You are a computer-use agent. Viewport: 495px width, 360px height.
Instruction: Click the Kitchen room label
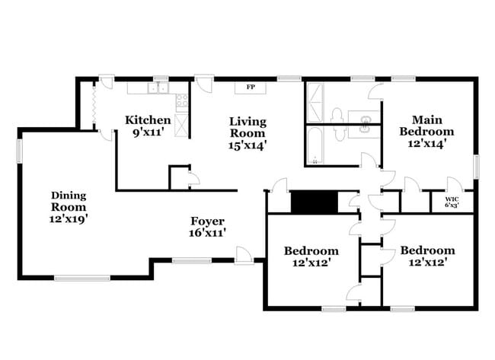point(148,119)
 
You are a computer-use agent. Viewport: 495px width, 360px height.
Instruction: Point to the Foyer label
point(208,221)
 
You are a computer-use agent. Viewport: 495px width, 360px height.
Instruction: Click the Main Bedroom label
point(427,125)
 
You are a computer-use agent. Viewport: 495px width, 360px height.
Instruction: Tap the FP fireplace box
point(250,88)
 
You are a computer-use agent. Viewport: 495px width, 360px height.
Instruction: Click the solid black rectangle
point(315,202)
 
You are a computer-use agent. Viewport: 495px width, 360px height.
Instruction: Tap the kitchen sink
point(158,89)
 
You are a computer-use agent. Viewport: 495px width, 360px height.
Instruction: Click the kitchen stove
point(181,102)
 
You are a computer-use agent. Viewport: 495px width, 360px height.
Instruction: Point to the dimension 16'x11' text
point(208,234)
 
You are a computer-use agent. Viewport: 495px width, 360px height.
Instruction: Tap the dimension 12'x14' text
point(427,142)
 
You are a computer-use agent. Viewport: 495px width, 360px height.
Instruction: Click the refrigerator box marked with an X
point(181,125)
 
